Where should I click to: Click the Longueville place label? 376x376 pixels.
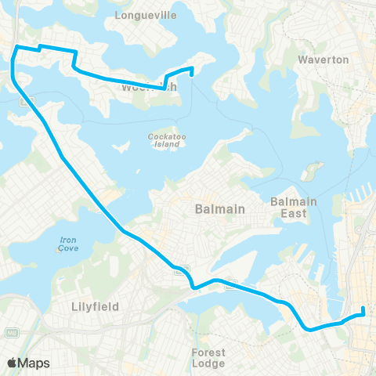[147, 15]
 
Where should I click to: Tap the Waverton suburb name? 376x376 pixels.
[324, 60]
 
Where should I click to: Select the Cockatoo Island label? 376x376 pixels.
[164, 139]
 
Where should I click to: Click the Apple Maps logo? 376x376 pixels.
[29, 362]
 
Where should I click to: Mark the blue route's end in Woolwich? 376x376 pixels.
[192, 76]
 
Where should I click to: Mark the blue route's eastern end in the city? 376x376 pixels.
[364, 315]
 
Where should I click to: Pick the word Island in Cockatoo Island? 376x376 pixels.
[164, 144]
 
